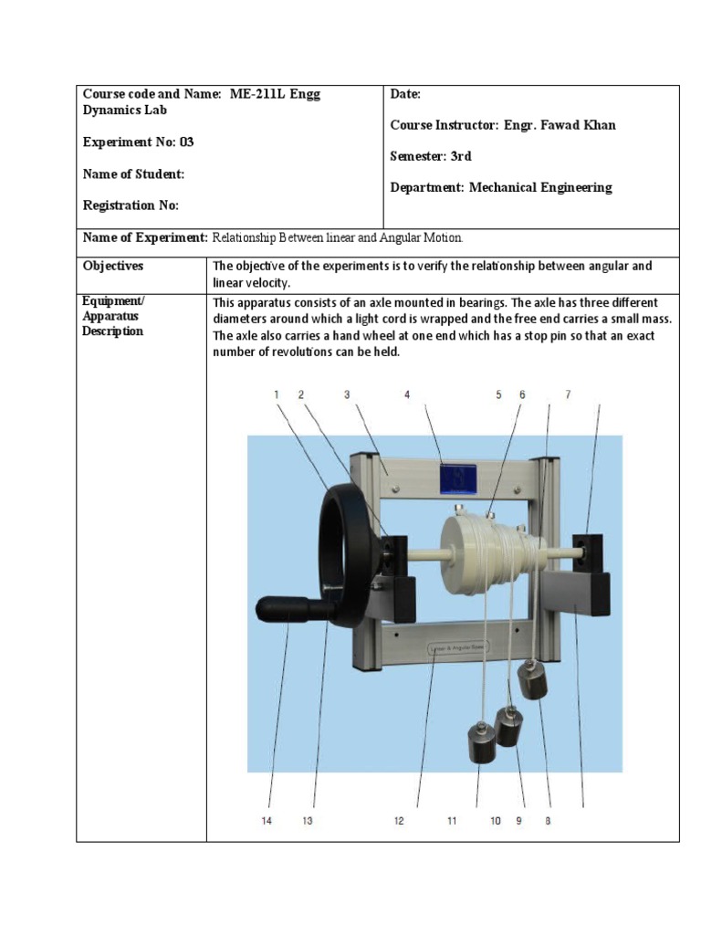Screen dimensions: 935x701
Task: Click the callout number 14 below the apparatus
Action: pyautogui.click(x=267, y=821)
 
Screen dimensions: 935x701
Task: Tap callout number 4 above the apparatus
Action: pyautogui.click(x=407, y=394)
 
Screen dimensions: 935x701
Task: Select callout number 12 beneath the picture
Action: pyautogui.click(x=399, y=821)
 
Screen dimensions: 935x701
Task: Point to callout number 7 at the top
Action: pyautogui.click(x=568, y=394)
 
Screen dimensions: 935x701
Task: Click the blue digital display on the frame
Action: pyautogui.click(x=456, y=478)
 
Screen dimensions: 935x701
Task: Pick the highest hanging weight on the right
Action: pyautogui.click(x=533, y=680)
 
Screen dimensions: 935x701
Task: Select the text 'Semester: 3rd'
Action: pyautogui.click(x=431, y=156)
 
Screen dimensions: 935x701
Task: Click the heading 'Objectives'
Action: pyautogui.click(x=113, y=266)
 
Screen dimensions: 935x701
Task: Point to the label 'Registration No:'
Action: pyautogui.click(x=131, y=205)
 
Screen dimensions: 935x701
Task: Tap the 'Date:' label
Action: pyautogui.click(x=405, y=94)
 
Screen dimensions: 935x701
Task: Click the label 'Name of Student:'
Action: pyautogui.click(x=133, y=173)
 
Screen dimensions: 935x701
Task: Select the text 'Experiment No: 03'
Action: pyautogui.click(x=138, y=142)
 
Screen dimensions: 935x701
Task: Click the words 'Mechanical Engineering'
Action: pyautogui.click(x=540, y=187)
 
